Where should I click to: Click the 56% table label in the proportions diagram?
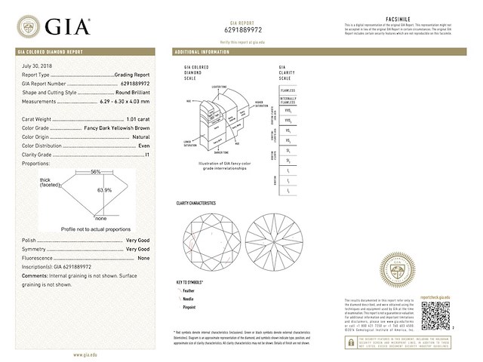tap(95, 171)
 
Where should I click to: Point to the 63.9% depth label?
tap(103, 190)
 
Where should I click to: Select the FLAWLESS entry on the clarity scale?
tap(288, 90)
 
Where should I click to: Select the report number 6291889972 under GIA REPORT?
tap(240, 31)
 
